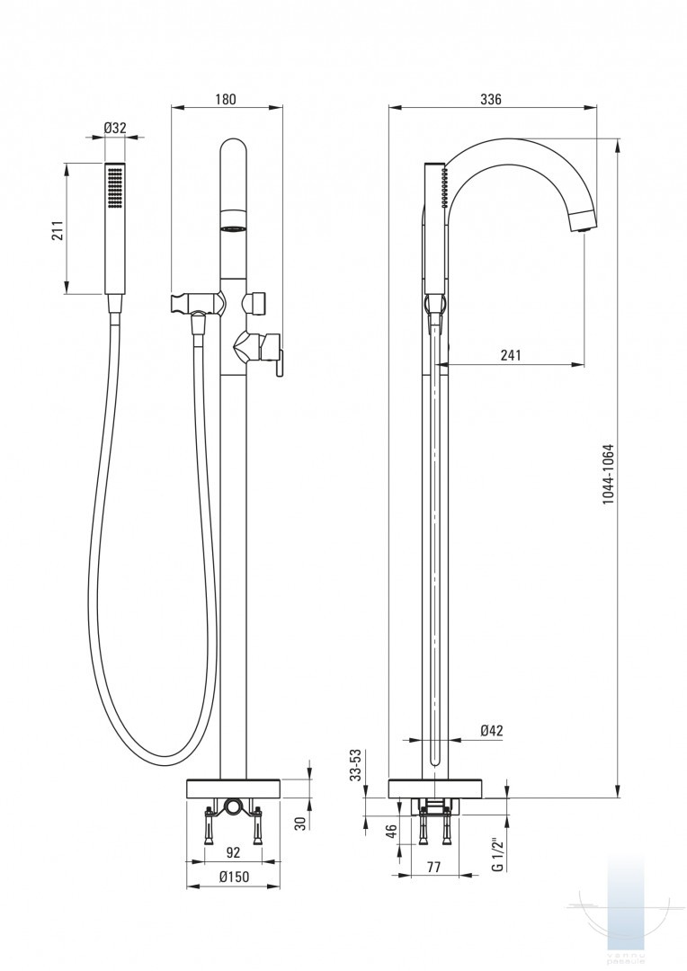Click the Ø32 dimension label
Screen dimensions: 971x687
(114, 128)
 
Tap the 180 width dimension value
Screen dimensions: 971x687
(226, 100)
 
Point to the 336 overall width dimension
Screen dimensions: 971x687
(491, 100)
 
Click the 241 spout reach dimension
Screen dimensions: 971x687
(510, 355)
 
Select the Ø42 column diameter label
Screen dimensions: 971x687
(491, 731)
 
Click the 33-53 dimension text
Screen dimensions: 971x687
(356, 765)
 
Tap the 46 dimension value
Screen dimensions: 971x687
(391, 832)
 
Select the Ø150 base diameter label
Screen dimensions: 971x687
(234, 878)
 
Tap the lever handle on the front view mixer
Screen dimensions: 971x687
(278, 361)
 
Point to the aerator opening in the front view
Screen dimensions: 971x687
(234, 228)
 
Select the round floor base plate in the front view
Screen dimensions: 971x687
(234, 788)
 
